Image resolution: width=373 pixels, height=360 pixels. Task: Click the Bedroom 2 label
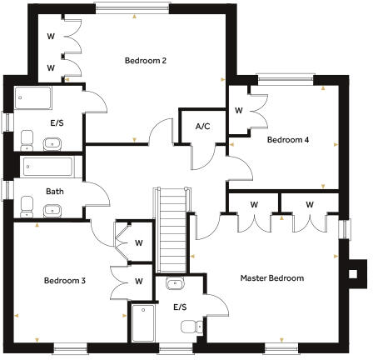coord(147,60)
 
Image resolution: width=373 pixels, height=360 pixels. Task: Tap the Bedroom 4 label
coord(288,140)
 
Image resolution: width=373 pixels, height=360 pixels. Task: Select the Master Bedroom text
coord(272,277)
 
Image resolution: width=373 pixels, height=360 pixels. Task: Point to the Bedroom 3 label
coord(65,281)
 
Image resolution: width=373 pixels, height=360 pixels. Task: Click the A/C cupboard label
coord(201,127)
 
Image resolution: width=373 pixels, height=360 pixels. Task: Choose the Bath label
coord(56,190)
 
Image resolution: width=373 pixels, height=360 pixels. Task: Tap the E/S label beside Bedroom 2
coord(57,123)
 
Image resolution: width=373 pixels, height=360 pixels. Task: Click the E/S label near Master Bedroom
coord(181,307)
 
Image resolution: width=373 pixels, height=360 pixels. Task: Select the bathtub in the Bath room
coord(47,166)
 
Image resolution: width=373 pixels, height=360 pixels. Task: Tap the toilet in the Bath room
coord(27,205)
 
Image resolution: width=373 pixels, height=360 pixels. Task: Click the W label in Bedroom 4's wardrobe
coord(238,110)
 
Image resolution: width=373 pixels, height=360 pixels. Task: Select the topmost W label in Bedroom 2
coord(51,37)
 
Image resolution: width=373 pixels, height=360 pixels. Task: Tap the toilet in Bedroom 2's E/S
coord(26,137)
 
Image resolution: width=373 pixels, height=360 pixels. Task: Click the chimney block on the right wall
coord(356,271)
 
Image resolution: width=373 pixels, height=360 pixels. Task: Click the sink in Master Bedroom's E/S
coord(175,284)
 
